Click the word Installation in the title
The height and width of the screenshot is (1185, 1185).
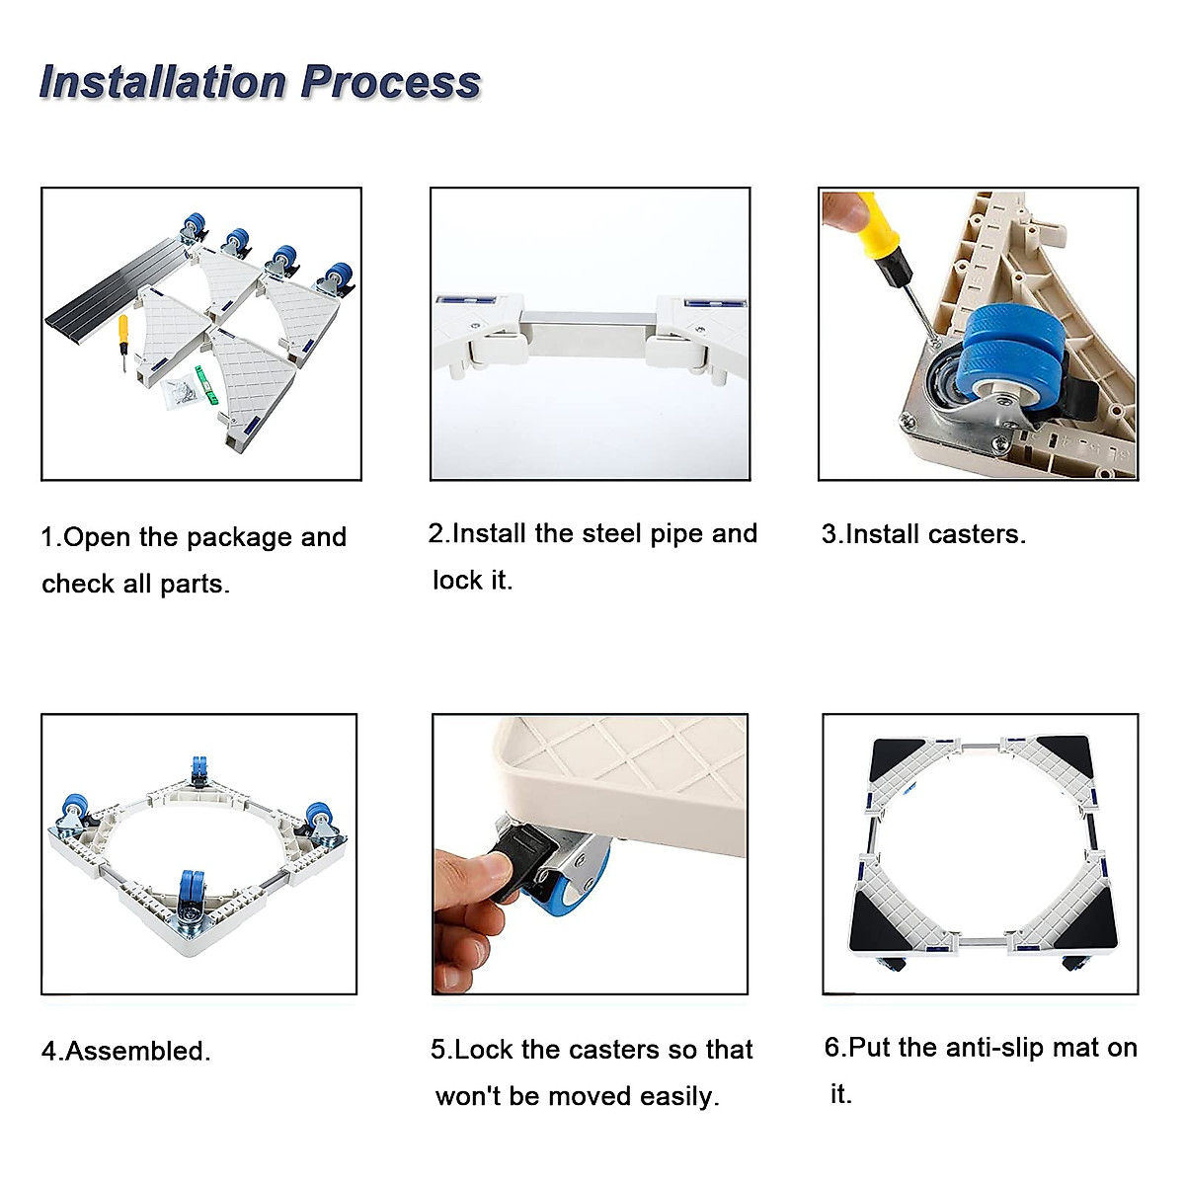click(163, 82)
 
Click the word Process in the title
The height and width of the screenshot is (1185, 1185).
click(390, 82)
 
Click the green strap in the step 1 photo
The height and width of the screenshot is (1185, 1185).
click(206, 384)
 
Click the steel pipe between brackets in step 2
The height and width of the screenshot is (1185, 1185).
click(590, 333)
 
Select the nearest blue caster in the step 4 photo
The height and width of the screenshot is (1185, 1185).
click(191, 896)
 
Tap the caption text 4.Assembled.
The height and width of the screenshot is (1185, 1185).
click(126, 1051)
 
